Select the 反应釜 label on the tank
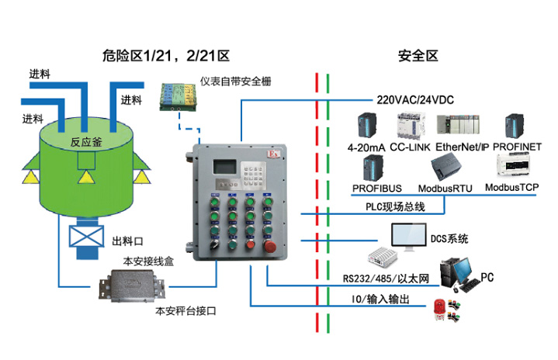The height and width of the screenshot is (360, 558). tap(85, 142)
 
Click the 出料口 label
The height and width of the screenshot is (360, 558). tap(127, 240)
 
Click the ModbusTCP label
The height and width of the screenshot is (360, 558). tap(511, 188)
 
